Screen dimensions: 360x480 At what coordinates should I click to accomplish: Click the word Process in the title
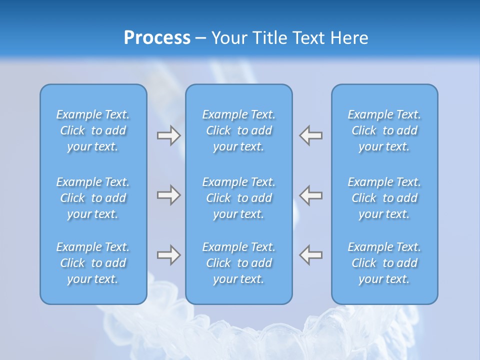tap(157, 38)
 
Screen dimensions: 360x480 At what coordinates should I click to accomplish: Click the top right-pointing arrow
tap(168, 135)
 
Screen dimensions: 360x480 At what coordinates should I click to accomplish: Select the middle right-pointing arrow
tap(168, 195)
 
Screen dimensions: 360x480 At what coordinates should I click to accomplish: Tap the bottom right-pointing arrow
tap(168, 255)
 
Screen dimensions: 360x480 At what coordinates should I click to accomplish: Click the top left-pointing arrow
tap(311, 135)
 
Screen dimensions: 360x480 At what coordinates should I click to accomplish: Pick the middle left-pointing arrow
tap(311, 195)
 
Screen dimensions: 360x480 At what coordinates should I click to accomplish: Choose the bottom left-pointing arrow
tap(311, 255)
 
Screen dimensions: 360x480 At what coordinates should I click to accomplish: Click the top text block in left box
tap(93, 130)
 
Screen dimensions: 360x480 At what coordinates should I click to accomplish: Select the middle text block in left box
tap(93, 198)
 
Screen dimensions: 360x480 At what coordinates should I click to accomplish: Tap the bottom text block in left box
tap(93, 263)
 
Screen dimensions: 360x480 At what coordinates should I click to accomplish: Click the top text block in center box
tap(239, 130)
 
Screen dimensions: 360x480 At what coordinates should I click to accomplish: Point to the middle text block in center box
tap(239, 198)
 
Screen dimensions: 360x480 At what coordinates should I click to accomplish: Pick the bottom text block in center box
tap(239, 263)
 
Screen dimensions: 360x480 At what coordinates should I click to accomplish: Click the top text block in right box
tap(384, 130)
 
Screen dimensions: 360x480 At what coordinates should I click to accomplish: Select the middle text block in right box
tap(384, 198)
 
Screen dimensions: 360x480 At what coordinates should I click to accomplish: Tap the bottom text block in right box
tap(384, 263)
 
